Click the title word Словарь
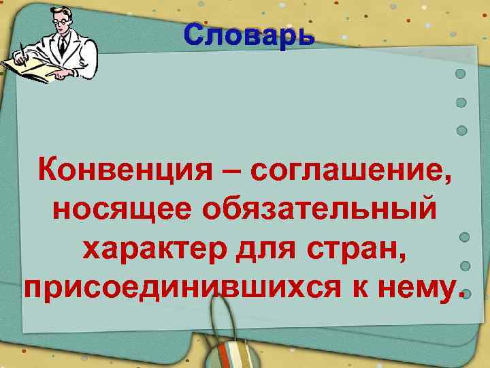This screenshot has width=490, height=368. pyautogui.click(x=249, y=33)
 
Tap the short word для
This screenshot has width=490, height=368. pyautogui.click(x=262, y=249)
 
